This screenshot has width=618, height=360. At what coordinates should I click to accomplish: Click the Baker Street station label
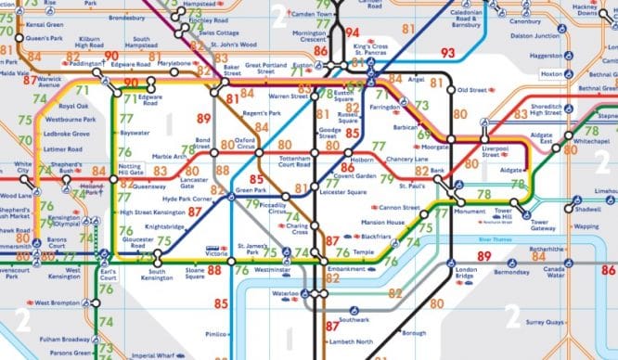click(x=231, y=71)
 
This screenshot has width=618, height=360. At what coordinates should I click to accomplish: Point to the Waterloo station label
click(x=284, y=297)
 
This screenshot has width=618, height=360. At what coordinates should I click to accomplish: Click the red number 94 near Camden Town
click(x=351, y=32)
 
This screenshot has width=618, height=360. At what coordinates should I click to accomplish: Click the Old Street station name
click(x=472, y=90)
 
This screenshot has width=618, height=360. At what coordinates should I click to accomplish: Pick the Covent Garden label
click(x=354, y=174)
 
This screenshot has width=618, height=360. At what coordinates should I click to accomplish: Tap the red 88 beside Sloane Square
click(x=214, y=270)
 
